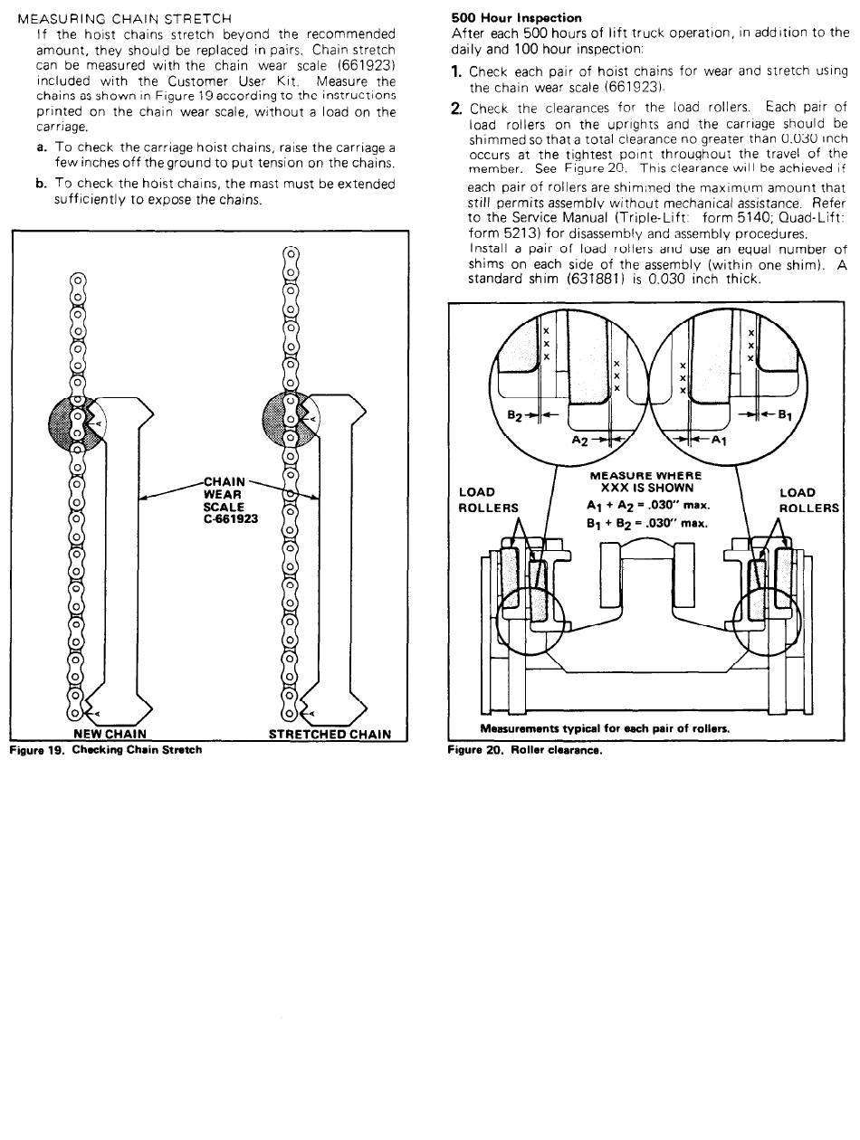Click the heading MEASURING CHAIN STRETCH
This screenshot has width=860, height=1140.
125,18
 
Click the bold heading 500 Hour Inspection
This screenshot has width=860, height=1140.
516,17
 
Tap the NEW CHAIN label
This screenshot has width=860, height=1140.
110,734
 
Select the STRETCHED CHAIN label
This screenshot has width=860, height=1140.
330,734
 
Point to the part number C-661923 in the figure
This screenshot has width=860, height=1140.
231,520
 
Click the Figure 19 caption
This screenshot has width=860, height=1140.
106,749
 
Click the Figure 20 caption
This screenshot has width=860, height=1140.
525,749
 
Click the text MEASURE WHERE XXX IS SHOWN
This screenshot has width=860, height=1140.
645,481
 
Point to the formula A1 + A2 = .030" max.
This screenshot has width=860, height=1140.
648,505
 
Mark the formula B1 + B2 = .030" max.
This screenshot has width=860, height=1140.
648,523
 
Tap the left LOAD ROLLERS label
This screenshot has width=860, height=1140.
489,500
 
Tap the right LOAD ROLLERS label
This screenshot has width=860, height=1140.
809,500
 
